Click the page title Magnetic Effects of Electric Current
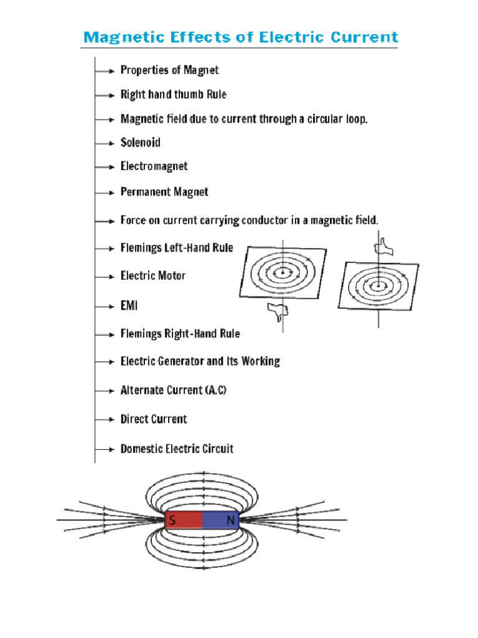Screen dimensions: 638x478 240,37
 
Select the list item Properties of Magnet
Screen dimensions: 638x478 169,70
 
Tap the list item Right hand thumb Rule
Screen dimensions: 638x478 173,95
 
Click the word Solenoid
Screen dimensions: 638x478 140,143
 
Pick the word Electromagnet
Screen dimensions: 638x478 154,166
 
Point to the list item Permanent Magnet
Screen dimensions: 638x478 164,192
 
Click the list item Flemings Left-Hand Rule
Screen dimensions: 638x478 177,248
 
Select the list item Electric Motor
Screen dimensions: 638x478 153,275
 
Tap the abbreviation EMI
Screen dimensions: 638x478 129,306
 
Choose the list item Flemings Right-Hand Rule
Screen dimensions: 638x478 180,334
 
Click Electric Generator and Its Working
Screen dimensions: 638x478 200,361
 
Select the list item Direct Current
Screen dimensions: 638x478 154,419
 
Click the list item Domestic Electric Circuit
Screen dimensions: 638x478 177,449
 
